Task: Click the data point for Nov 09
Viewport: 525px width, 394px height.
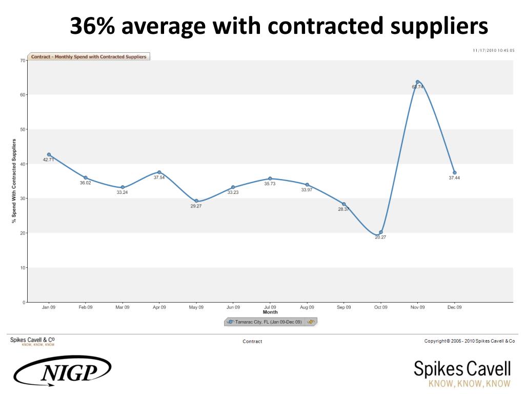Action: pos(417,82)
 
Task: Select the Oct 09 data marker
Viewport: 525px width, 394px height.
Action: pos(380,232)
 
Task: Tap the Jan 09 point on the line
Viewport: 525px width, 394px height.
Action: pos(49,154)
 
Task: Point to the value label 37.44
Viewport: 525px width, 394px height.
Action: pos(454,178)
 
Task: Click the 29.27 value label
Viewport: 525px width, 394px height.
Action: pos(196,206)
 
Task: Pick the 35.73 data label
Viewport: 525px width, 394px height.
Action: pos(270,183)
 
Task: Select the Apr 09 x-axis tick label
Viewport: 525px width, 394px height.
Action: pos(159,307)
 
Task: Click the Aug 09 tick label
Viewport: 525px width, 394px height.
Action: pos(307,307)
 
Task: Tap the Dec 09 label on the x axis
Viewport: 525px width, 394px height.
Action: pos(454,307)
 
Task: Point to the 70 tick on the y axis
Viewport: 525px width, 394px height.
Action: pos(23,61)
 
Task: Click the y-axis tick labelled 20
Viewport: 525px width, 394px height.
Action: pos(23,233)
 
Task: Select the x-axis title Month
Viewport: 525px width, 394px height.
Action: pos(270,312)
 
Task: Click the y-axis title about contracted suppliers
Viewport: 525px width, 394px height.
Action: pos(14,181)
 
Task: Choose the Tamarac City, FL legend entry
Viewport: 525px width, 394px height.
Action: pos(266,322)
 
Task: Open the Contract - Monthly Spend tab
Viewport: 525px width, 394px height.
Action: pos(89,56)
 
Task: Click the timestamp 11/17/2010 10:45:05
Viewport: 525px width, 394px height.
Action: pos(493,50)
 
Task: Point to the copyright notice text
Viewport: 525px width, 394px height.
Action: pos(469,341)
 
